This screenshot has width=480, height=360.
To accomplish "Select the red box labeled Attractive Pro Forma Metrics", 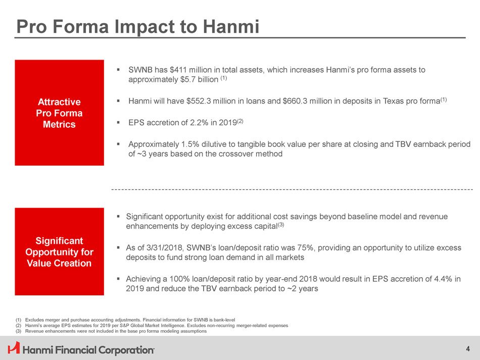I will pyautogui.click(x=60, y=113).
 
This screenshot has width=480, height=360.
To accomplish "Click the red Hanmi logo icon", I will pyautogui.click(x=14, y=348).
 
